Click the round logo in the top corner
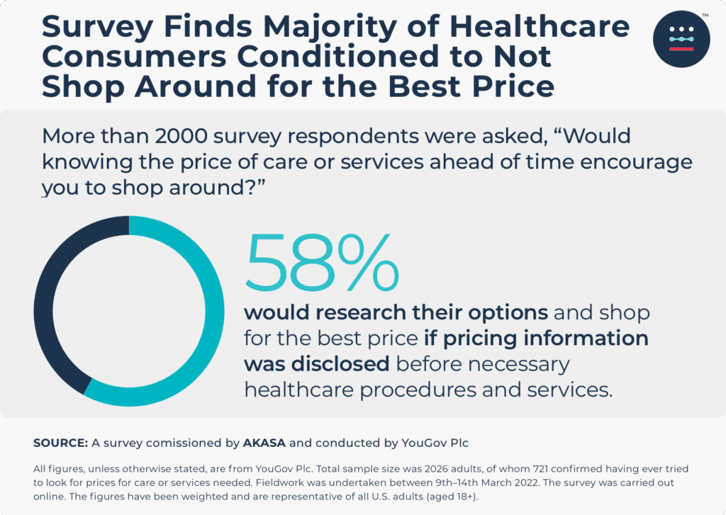pos(681,40)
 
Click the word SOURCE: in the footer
pos(60,443)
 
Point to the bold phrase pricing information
pos(546,338)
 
